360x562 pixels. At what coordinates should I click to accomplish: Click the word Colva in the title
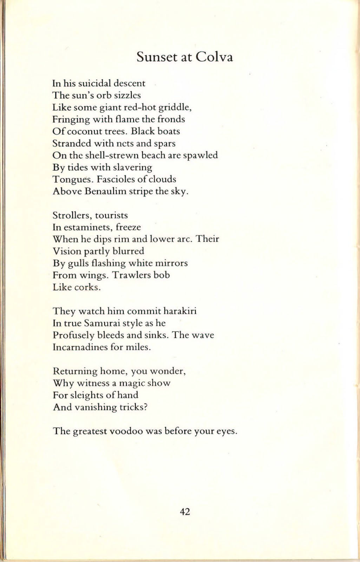point(214,57)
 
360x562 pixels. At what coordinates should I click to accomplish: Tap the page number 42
point(185,512)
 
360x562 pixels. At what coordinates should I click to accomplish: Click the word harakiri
point(180,311)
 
